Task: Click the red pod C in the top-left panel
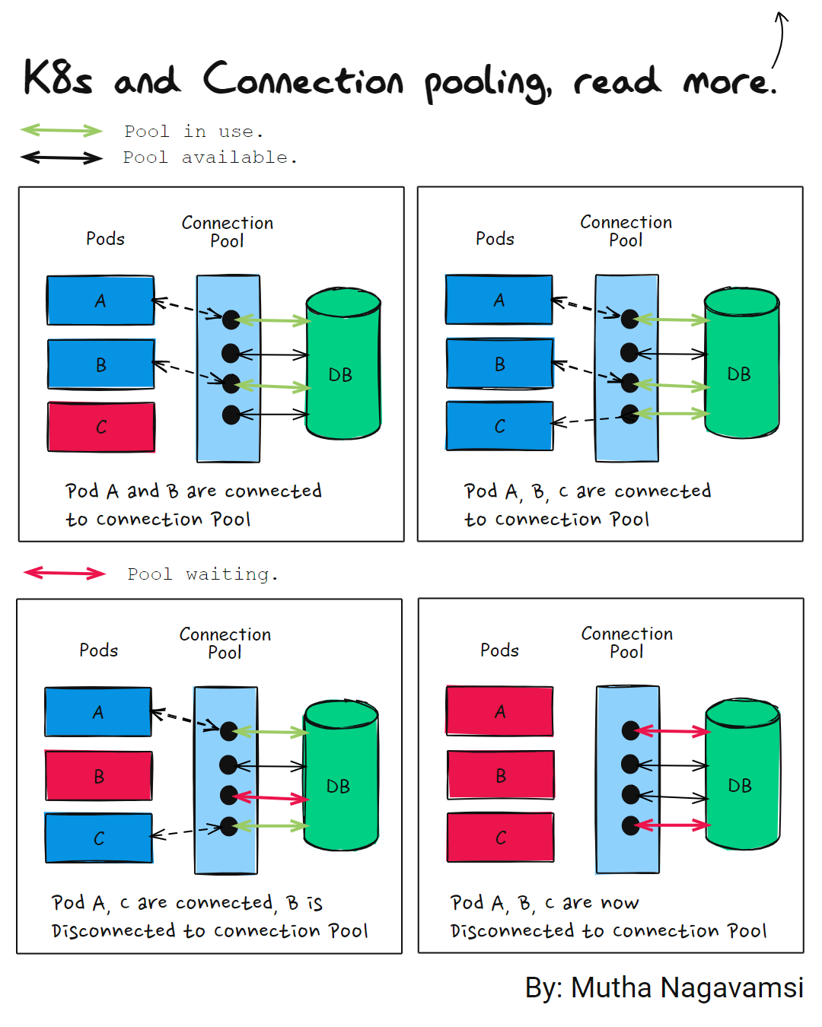[x=101, y=427]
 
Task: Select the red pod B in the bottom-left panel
[x=99, y=776]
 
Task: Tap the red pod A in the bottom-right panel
[x=500, y=711]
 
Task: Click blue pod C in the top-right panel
[x=499, y=426]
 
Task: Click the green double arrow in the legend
[x=61, y=131]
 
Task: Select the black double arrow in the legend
[x=61, y=158]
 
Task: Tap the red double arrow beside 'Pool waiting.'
[x=65, y=573]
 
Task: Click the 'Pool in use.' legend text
[x=194, y=132]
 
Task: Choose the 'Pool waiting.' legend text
[x=202, y=574]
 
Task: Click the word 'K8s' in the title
[x=58, y=78]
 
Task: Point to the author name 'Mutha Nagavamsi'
[x=687, y=987]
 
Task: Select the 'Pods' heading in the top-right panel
[x=495, y=239]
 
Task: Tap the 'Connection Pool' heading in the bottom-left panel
[x=225, y=643]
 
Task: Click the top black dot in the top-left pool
[x=231, y=320]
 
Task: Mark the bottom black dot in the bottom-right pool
[x=630, y=825]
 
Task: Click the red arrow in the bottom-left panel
[x=270, y=797]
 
